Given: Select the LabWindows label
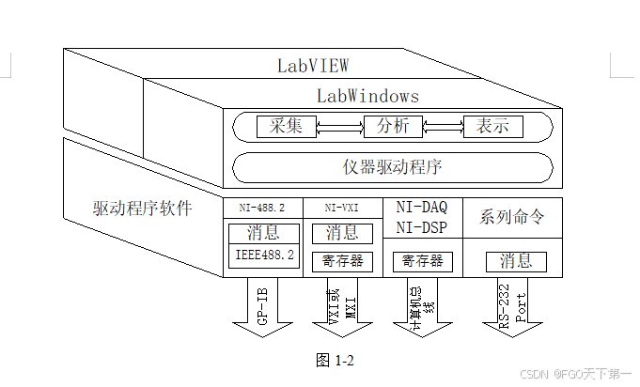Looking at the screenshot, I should click(367, 96).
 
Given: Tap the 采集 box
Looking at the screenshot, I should click(286, 126).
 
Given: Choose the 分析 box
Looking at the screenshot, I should click(393, 126).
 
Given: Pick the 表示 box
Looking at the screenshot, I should click(492, 126).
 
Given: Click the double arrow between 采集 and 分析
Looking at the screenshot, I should click(339, 126).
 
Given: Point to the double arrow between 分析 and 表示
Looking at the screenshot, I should click(443, 126).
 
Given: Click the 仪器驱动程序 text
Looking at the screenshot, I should click(393, 167).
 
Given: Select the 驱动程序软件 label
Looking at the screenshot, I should click(142, 208).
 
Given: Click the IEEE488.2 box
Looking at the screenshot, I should click(263, 255).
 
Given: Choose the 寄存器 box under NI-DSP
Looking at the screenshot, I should click(422, 261).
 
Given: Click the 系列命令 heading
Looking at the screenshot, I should click(512, 217).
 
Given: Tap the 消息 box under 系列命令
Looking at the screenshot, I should click(516, 261).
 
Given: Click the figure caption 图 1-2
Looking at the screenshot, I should click(335, 360).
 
